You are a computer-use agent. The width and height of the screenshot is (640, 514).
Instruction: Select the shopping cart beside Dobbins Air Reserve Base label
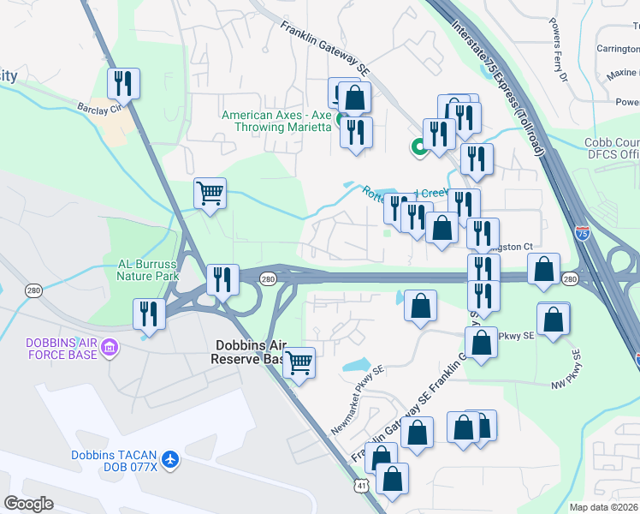pyautogui.click(x=299, y=362)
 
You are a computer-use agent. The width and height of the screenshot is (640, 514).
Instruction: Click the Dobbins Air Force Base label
pyautogui.click(x=54, y=349)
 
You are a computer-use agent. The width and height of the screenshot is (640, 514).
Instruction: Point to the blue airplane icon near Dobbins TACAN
pyautogui.click(x=170, y=460)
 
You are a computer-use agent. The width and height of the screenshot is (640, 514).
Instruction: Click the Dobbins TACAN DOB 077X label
pyautogui.click(x=114, y=460)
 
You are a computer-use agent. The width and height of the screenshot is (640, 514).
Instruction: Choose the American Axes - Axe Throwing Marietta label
pyautogui.click(x=276, y=121)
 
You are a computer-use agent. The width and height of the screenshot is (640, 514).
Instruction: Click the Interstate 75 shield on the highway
pyautogui.click(x=582, y=232)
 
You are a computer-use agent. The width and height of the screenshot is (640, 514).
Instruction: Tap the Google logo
pyautogui.click(x=28, y=503)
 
